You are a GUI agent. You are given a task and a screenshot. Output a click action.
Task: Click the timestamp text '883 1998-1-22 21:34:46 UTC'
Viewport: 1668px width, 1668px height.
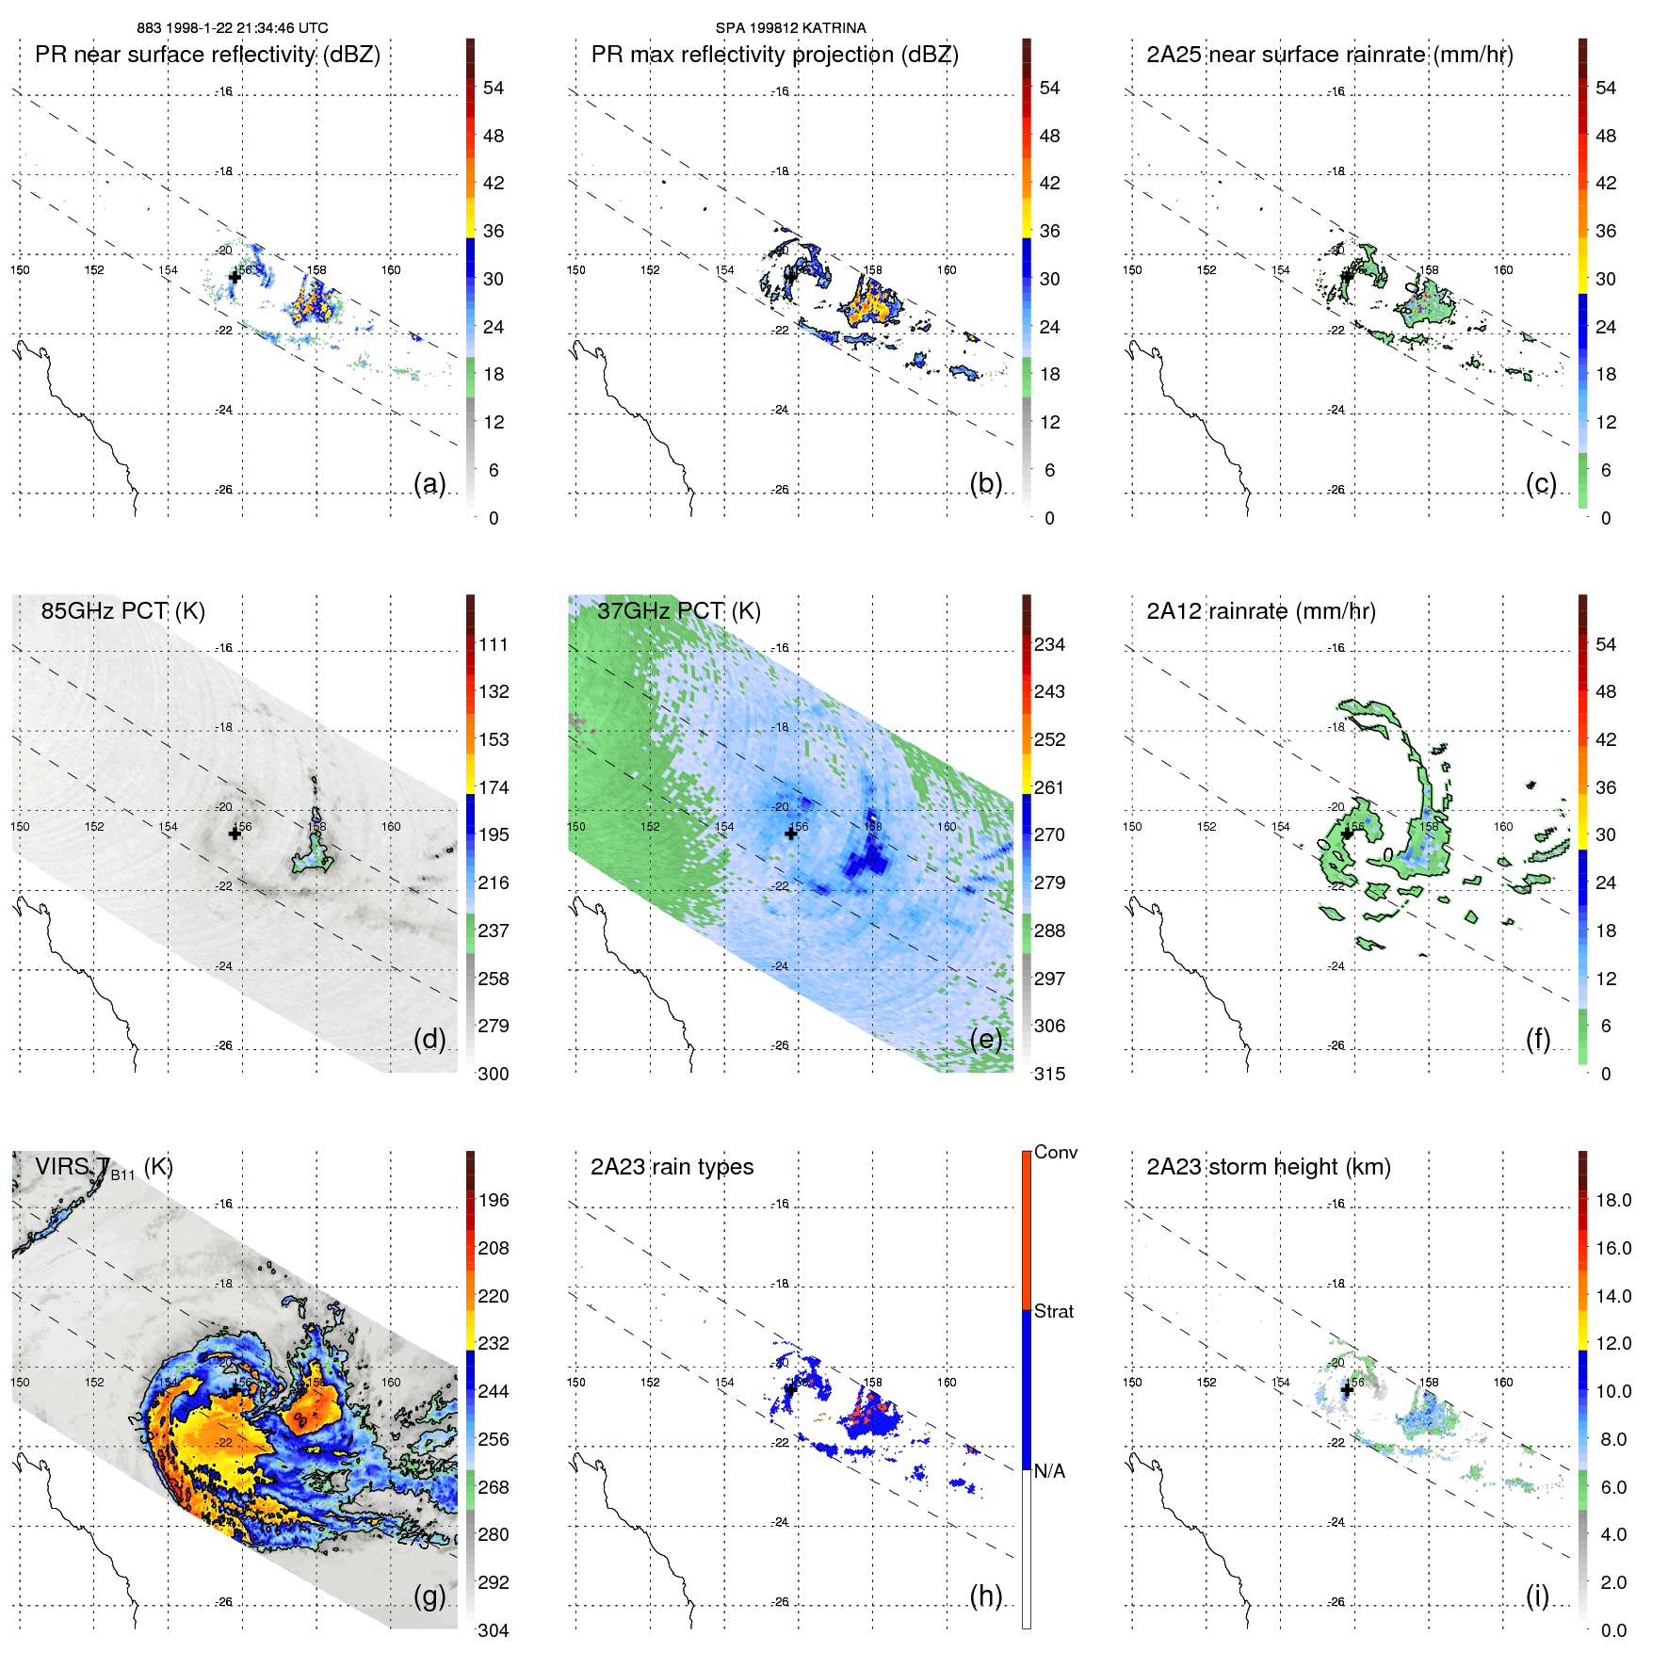coord(232,28)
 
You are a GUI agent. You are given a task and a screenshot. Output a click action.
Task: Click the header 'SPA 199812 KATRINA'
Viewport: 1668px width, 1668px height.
coord(790,28)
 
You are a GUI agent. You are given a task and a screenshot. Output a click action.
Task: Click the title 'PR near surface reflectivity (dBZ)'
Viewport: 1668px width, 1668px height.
coord(207,55)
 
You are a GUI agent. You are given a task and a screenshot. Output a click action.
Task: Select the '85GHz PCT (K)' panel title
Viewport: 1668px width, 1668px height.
coord(122,611)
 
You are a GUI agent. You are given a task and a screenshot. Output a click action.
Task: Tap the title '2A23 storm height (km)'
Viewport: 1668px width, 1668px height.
coord(1268,1167)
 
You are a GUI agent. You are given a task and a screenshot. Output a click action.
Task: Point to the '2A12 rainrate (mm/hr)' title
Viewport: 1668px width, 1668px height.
coord(1260,611)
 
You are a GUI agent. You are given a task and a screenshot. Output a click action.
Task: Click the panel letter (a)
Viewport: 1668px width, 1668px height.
coord(429,483)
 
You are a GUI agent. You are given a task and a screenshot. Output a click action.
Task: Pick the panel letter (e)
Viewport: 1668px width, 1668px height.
coord(985,1039)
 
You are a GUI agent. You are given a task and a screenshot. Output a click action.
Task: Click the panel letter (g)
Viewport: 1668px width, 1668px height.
coord(429,1595)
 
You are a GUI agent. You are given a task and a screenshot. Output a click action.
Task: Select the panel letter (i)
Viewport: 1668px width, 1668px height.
coord(1537,1595)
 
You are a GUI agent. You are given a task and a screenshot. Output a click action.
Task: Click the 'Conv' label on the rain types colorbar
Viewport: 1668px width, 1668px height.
coord(1055,1152)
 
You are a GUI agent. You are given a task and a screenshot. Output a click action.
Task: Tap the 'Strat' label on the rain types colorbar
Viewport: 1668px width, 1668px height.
coord(1053,1311)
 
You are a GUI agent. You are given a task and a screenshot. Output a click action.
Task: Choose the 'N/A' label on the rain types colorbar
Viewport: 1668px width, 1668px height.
coord(1049,1471)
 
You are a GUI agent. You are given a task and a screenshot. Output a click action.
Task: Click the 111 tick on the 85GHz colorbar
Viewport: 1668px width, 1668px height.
coord(494,644)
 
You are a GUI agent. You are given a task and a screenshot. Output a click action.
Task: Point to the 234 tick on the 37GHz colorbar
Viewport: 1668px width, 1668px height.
coord(1049,644)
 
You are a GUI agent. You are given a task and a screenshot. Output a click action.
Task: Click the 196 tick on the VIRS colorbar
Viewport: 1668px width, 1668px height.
coord(494,1200)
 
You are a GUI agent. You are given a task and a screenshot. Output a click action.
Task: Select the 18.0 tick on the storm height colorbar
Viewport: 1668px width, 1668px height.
coord(1612,1200)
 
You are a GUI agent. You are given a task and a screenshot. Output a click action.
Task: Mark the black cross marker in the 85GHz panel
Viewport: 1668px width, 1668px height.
coord(235,834)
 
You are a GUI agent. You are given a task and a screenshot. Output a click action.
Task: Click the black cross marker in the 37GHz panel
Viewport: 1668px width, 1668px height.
coord(791,834)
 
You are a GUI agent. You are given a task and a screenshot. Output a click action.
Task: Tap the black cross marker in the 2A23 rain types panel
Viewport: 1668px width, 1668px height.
coord(791,1389)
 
